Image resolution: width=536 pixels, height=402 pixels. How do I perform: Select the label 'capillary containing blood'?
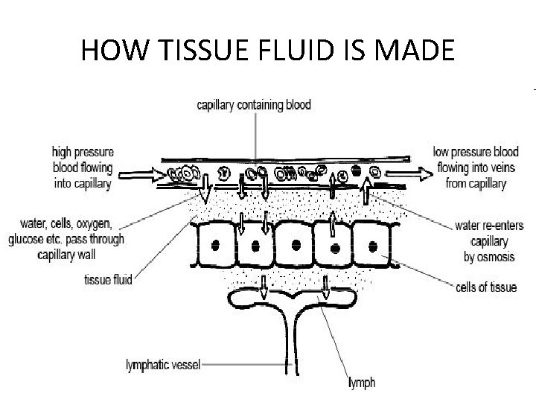coord(254,106)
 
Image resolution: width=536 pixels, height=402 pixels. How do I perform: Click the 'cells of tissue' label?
coord(485,287)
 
